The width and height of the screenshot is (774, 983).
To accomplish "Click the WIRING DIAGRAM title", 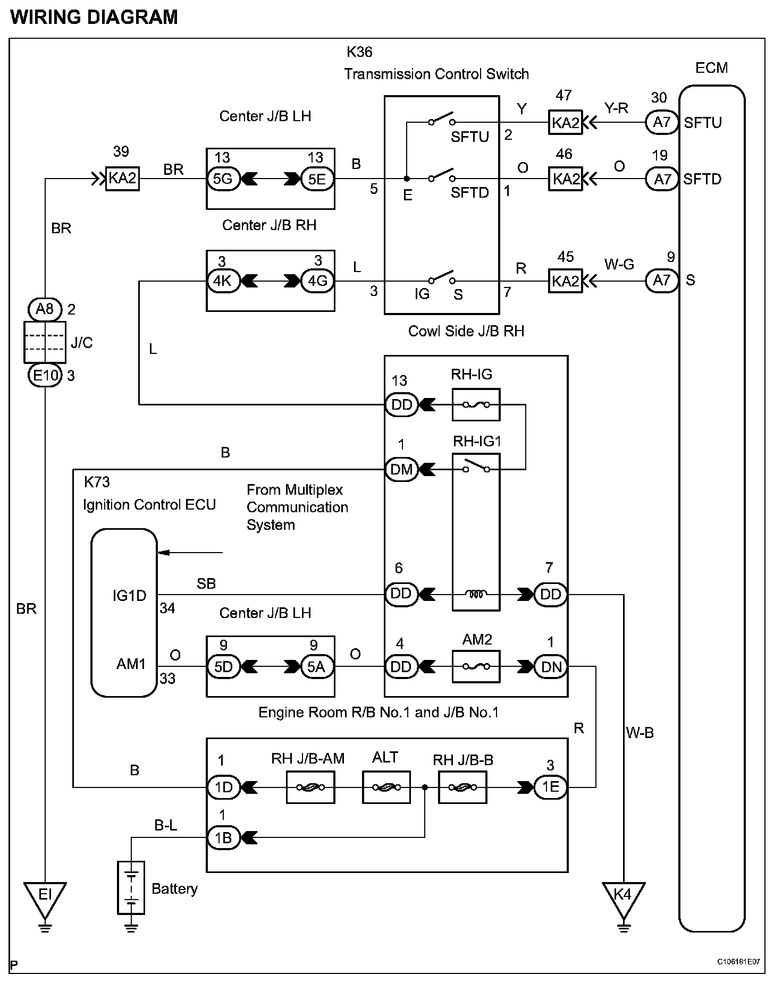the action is [94, 18].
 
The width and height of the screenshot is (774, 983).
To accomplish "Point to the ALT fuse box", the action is [386, 787].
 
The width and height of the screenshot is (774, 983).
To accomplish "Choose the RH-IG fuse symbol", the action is [476, 404].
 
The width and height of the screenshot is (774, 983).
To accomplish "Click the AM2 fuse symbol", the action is [476, 667].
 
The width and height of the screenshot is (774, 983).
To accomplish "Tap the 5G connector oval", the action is [223, 179].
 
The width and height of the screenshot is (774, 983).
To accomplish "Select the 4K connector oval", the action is [223, 281].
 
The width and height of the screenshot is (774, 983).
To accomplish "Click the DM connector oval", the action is [401, 469].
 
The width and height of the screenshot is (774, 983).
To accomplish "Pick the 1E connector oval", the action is [551, 787].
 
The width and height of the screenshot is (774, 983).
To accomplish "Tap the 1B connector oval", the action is [223, 837].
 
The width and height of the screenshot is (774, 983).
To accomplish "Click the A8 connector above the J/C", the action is [45, 309].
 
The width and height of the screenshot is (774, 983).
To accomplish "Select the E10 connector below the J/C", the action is [45, 376].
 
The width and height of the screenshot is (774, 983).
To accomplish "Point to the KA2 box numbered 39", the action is [122, 179].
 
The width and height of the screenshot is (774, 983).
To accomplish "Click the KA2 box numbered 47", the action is [565, 123].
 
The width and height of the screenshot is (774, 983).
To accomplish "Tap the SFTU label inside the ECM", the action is [703, 123].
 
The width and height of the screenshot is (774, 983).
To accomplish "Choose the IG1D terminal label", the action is [129, 596].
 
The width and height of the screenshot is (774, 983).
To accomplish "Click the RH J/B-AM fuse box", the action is [310, 787].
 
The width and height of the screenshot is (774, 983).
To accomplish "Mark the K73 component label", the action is [97, 482].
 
